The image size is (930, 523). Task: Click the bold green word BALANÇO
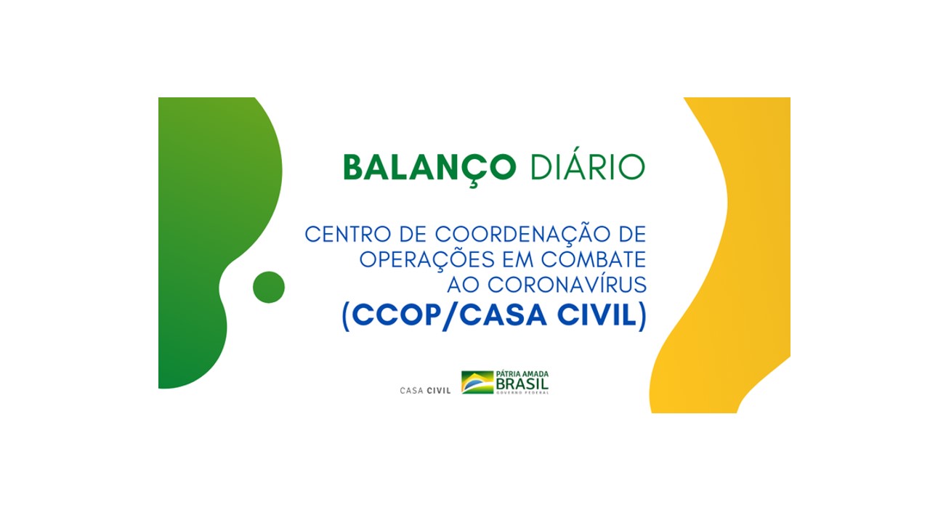[x=429, y=169]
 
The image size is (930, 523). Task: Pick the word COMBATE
[x=594, y=260]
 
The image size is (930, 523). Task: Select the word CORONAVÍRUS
[x=567, y=284]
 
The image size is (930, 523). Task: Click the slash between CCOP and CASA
[x=450, y=316]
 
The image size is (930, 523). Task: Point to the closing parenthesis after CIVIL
[x=643, y=317]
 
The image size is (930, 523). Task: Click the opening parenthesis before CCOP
[x=345, y=317]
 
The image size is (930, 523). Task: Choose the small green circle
[x=269, y=287]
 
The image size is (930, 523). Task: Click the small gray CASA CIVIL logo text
[x=425, y=391]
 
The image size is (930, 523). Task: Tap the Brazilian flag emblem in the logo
[x=477, y=382]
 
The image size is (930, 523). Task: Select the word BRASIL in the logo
[x=522, y=384]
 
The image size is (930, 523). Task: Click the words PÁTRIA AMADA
[x=522, y=374]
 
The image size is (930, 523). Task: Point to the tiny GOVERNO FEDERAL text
[x=522, y=393]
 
